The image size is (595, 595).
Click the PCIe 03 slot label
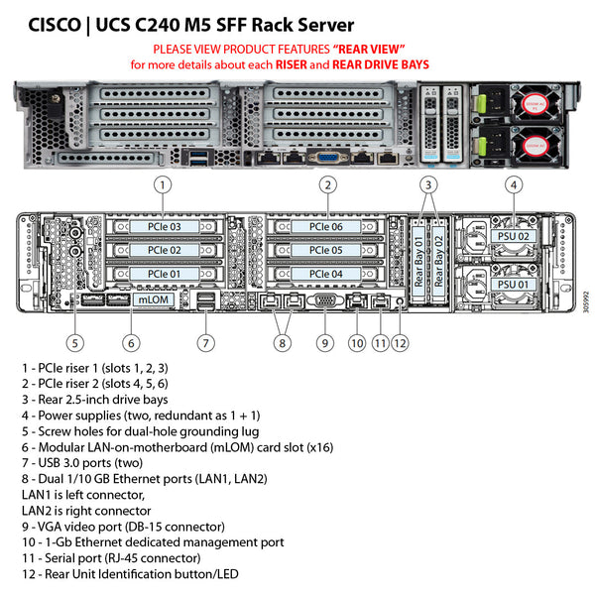(164, 227)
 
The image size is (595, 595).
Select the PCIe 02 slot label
(164, 251)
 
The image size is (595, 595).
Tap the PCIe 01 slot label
(164, 274)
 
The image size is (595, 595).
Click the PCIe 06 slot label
(326, 227)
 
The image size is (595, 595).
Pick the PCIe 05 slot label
(326, 251)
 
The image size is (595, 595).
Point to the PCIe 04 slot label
(326, 274)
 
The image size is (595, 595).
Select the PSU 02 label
(513, 237)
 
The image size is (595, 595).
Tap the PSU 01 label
(513, 284)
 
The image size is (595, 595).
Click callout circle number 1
(164, 184)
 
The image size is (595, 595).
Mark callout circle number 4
(513, 184)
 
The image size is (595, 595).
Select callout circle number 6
(131, 343)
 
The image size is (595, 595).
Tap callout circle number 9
(323, 343)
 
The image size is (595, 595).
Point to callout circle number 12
(400, 343)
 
